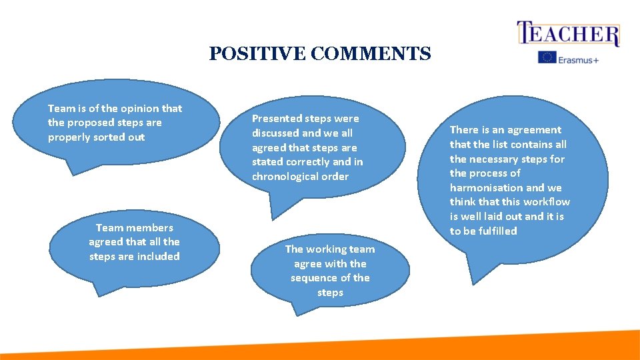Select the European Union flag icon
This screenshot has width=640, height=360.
point(547,58)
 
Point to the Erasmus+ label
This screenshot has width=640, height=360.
point(579,59)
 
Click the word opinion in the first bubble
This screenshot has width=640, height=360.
point(141,109)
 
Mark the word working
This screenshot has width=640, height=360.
point(331,249)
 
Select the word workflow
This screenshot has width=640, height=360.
point(547,202)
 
